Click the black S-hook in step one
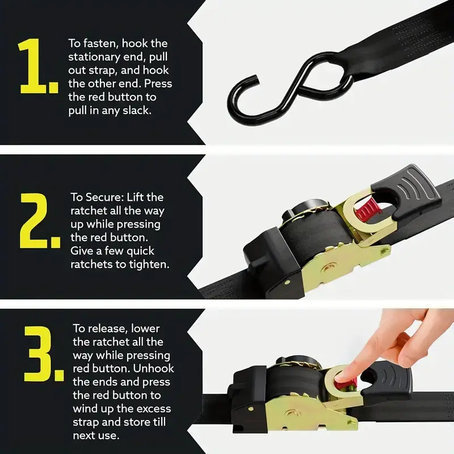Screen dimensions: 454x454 [x=289, y=87]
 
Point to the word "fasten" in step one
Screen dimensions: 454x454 [x=100, y=44]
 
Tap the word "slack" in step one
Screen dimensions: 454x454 [x=137, y=110]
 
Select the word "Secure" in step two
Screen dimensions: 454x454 [x=105, y=197]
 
